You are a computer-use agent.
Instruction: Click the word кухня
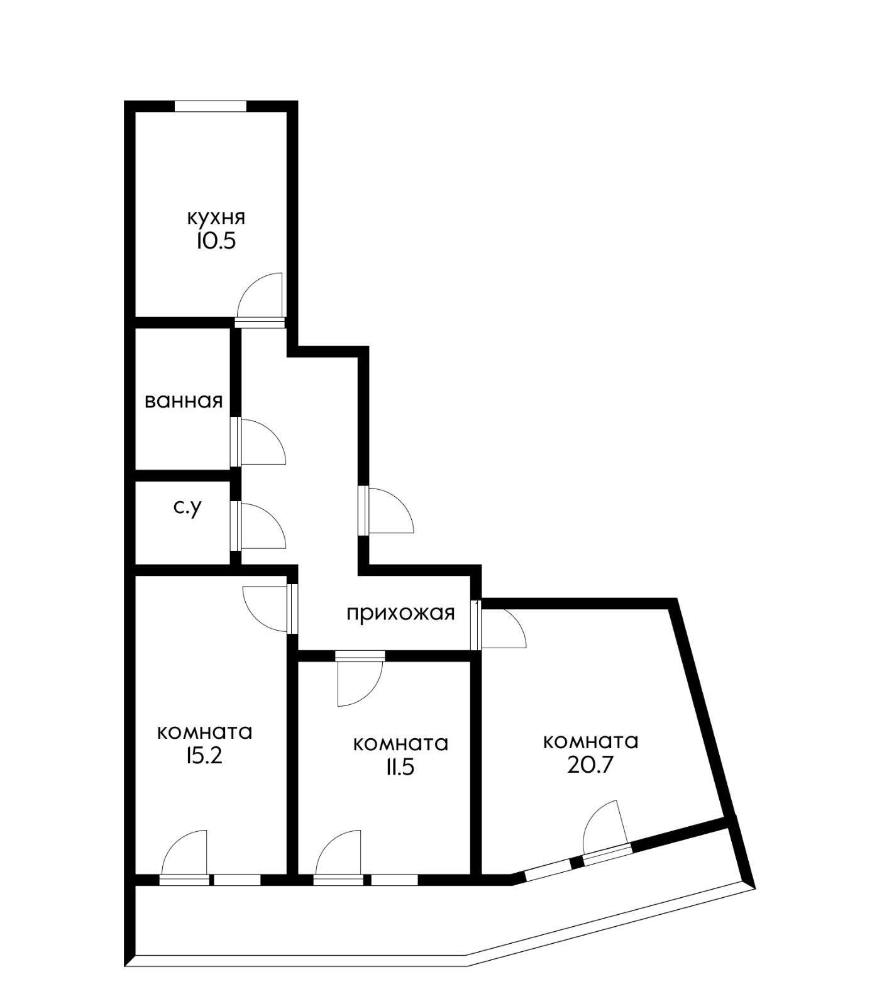(216, 218)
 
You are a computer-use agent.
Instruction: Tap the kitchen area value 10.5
(216, 241)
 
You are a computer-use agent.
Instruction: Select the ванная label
(184, 401)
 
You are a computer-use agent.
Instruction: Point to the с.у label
(188, 507)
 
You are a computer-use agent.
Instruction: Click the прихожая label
(400, 612)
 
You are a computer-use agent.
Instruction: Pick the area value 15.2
(204, 756)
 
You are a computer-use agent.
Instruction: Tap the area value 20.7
(590, 765)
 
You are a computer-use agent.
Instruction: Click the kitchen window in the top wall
(210, 106)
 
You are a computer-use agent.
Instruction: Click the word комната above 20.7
(590, 742)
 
